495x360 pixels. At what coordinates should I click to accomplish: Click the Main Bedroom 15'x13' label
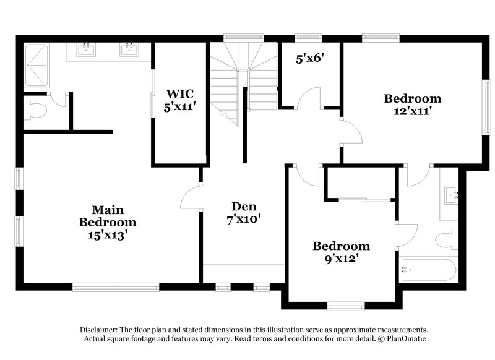108,222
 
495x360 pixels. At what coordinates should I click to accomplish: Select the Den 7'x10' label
244,212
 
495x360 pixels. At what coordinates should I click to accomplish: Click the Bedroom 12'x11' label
413,105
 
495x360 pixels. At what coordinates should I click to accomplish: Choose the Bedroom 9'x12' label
340,252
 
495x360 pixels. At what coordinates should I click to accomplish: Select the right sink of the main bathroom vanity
130,49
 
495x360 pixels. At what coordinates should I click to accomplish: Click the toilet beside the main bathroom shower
35,111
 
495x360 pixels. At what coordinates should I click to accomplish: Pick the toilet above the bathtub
445,240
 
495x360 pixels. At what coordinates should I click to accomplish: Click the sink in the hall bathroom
451,195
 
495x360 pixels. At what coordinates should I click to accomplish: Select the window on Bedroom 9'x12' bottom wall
345,304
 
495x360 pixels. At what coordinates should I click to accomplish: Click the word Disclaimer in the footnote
101,330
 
